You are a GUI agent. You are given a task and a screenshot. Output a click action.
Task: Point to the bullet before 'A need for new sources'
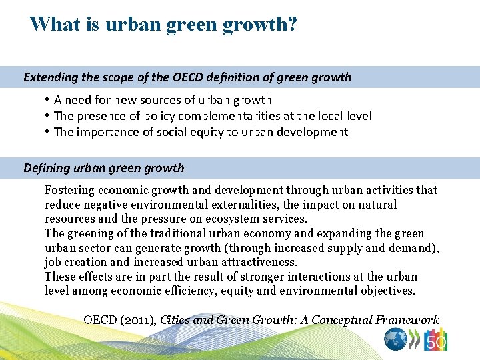click(x=49, y=100)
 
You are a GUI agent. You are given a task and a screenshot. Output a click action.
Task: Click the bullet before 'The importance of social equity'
click(x=49, y=132)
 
